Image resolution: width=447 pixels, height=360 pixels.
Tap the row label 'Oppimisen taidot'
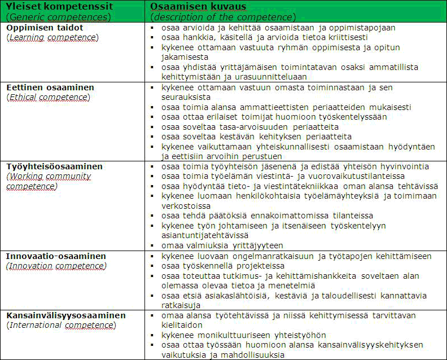[x=44, y=27]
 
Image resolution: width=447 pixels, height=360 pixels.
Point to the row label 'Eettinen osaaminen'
[x=50, y=87]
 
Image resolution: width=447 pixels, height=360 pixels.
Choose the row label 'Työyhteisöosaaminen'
[x=54, y=166]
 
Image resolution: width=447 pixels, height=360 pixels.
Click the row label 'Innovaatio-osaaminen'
[x=56, y=256]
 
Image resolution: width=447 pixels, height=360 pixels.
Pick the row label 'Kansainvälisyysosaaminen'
[x=66, y=315]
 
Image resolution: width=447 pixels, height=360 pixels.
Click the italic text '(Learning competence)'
[x=52, y=37]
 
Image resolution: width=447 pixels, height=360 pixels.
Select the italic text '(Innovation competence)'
[x=56, y=266]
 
